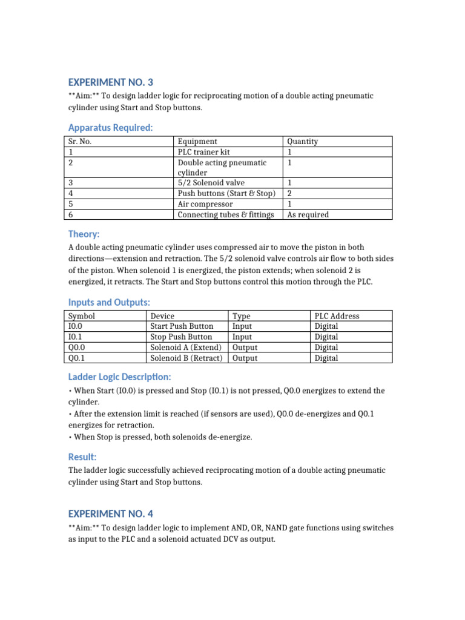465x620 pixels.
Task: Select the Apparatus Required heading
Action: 110,128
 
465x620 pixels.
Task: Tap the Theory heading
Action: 84,234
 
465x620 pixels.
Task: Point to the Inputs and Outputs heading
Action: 109,302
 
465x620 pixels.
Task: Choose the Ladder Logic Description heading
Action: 120,377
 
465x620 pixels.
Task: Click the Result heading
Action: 82,457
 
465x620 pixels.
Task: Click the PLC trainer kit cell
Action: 203,152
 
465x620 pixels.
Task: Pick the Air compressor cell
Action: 205,204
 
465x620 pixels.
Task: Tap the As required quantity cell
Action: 308,214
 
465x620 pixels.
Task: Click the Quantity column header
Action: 302,142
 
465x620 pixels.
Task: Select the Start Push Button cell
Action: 182,326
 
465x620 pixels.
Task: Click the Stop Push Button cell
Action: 181,337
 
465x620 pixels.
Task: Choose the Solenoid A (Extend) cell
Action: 186,348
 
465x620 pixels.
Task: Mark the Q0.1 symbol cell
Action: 77,358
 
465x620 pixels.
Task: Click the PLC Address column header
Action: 337,316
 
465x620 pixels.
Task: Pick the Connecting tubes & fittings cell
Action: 226,214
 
